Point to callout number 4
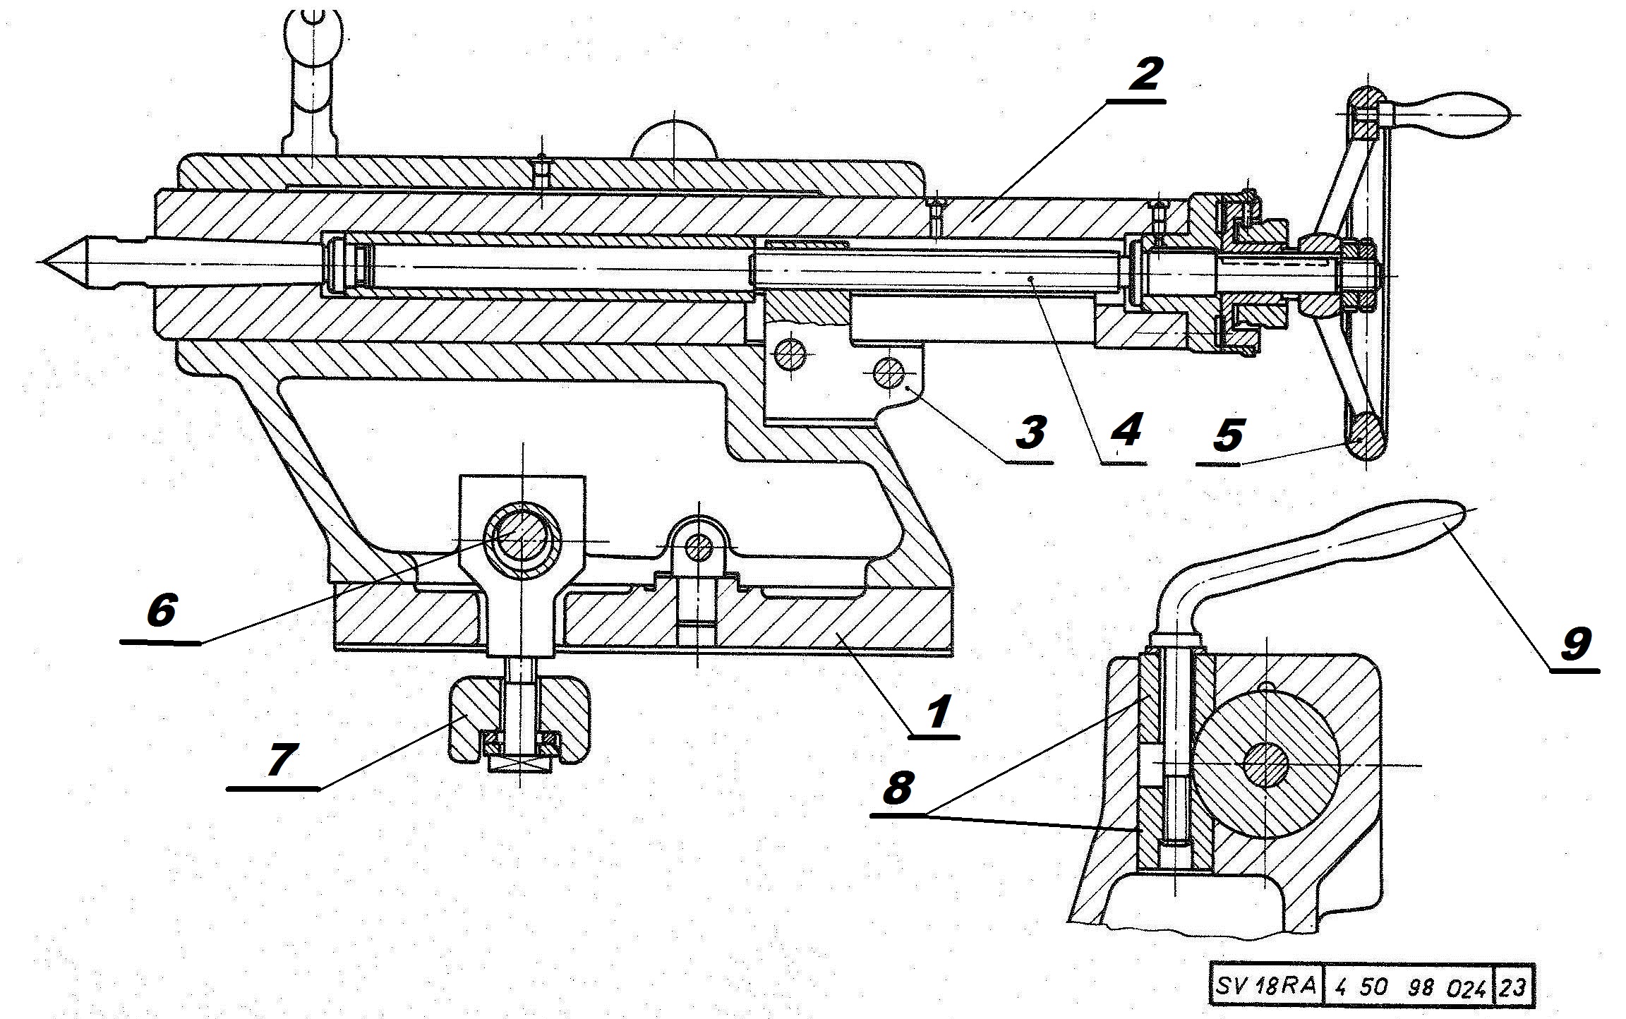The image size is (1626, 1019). click(1126, 430)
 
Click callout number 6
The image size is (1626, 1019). click(161, 609)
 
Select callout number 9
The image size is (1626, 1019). click(1575, 644)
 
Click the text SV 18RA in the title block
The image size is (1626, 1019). click(1265, 985)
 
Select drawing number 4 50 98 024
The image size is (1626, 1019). click(1407, 986)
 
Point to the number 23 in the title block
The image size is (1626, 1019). click(1512, 986)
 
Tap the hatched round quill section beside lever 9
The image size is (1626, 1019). click(1265, 764)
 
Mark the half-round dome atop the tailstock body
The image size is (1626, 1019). click(674, 142)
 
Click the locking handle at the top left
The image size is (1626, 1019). click(311, 56)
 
